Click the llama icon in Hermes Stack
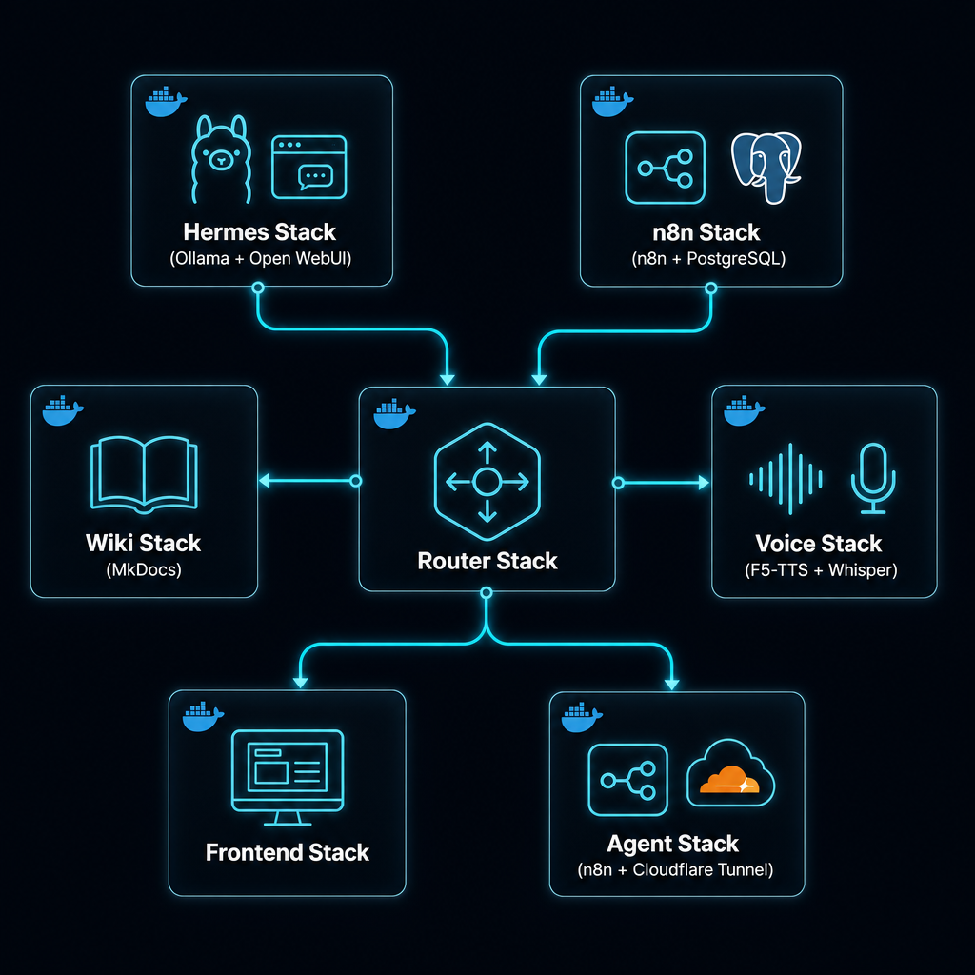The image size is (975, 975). coord(221,159)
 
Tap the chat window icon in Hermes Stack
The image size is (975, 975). coord(309,168)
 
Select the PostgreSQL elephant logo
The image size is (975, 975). coord(766,168)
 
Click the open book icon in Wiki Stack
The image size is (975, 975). coord(145,474)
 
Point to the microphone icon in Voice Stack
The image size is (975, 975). coord(873,478)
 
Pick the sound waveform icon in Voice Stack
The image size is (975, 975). coord(786,479)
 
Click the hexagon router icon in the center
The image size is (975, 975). coord(487,481)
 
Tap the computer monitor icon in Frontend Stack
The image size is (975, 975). coord(288,777)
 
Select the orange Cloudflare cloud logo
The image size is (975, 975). coord(729,780)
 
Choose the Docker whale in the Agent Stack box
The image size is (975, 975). coord(582,718)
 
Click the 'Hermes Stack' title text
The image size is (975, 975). coord(259,232)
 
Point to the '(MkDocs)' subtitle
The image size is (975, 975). coord(144,569)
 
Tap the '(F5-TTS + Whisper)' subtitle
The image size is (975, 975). coord(821,570)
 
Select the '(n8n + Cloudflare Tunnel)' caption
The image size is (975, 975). coord(675,869)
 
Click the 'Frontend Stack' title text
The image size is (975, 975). coord(288,852)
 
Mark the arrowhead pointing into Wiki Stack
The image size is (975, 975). coord(265,481)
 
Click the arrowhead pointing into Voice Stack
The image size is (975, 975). coord(704,483)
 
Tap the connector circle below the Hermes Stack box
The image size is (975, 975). coord(258,288)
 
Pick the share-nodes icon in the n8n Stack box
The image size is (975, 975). coord(665,168)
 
